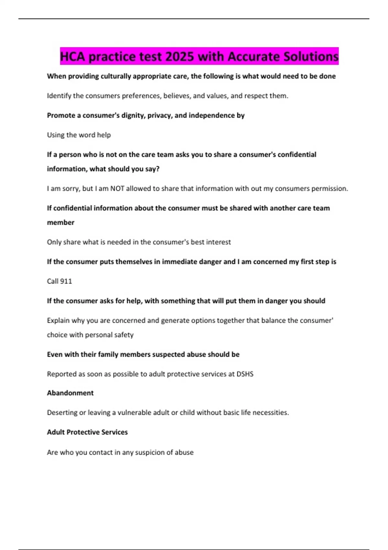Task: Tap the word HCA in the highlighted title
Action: [x=72, y=57]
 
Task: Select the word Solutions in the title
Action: [x=311, y=57]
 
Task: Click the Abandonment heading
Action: [x=70, y=393]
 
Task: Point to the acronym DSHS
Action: [x=245, y=374]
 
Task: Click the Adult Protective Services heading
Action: [x=87, y=432]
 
